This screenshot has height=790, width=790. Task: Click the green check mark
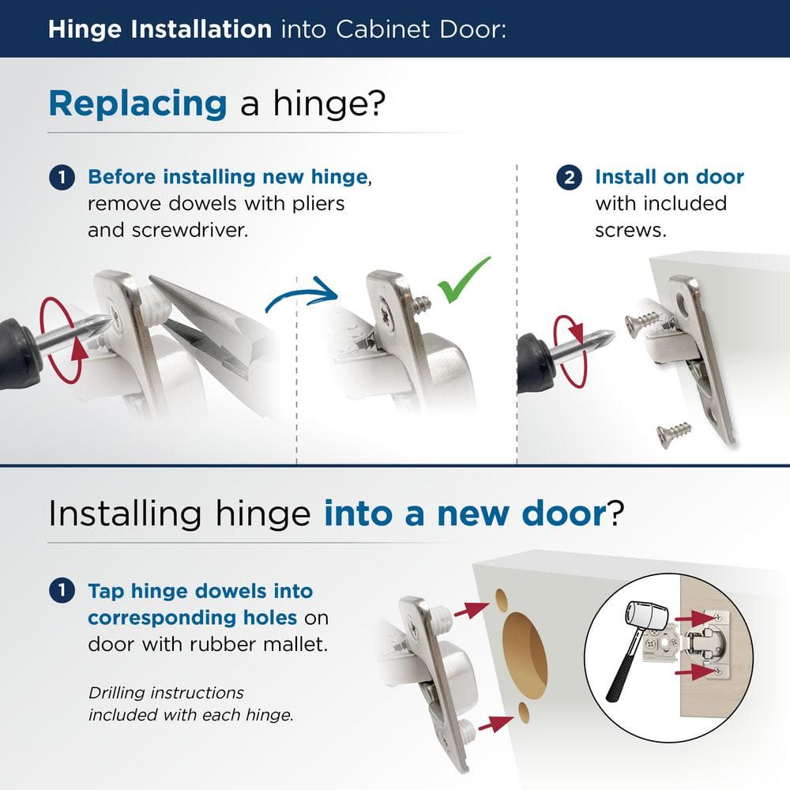(466, 280)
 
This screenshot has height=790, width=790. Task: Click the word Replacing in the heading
(137, 103)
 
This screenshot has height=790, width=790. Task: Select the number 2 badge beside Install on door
(570, 177)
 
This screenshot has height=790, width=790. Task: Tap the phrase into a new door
(464, 513)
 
